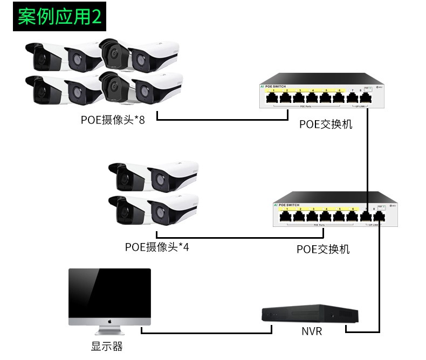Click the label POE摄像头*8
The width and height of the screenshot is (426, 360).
(113, 120)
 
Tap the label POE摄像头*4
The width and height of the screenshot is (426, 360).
(157, 247)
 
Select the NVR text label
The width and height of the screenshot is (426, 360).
(312, 331)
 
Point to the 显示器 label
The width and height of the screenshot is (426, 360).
(107, 347)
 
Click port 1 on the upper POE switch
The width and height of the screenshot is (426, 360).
(272, 98)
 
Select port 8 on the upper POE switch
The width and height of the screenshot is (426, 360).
(366, 98)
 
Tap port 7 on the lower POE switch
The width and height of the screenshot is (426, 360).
(367, 217)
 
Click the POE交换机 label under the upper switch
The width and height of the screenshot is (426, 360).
(326, 124)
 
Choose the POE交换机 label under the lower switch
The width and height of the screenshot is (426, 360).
(323, 250)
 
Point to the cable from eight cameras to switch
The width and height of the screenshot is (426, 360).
(221, 119)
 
